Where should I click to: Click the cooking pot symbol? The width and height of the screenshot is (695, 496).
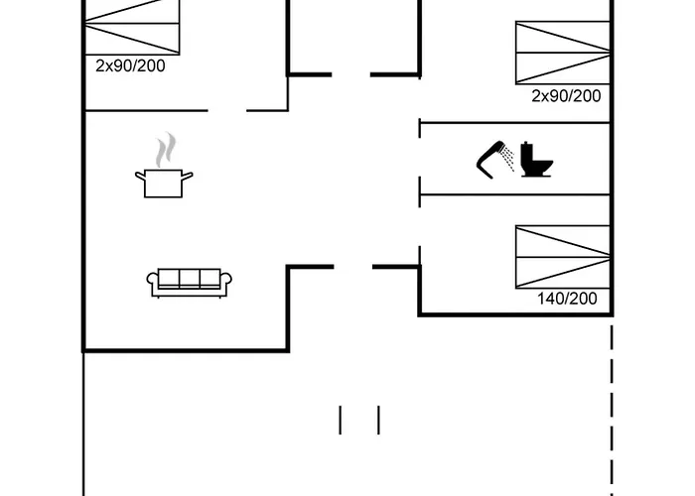coord(164,183)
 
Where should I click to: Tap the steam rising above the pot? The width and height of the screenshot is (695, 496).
coord(165,151)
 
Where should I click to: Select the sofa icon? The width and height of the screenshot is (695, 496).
coord(189,282)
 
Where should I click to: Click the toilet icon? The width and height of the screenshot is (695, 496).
coord(536,160)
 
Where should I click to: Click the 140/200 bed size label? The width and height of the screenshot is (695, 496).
coord(567,297)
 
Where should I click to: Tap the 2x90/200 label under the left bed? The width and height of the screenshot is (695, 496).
coord(129,65)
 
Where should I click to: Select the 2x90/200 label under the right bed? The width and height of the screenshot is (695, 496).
coord(567,96)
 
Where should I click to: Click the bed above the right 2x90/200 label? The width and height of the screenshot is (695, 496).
coord(562,52)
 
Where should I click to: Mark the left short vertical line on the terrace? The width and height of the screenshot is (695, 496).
coord(341,420)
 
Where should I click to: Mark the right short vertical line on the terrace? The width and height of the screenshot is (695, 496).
coord(378,420)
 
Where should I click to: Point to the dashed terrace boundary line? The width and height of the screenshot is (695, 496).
coord(612,417)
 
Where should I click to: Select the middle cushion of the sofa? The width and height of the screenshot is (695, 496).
coord(189,279)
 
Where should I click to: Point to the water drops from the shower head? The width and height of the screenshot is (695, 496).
coord(508,158)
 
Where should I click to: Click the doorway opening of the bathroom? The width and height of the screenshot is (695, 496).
coord(421,159)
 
